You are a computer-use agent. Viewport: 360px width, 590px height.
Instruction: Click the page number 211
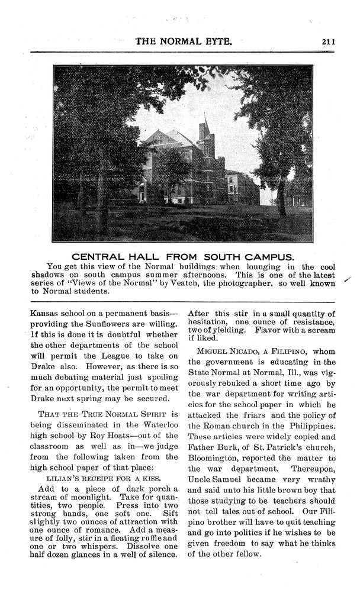(329, 41)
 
